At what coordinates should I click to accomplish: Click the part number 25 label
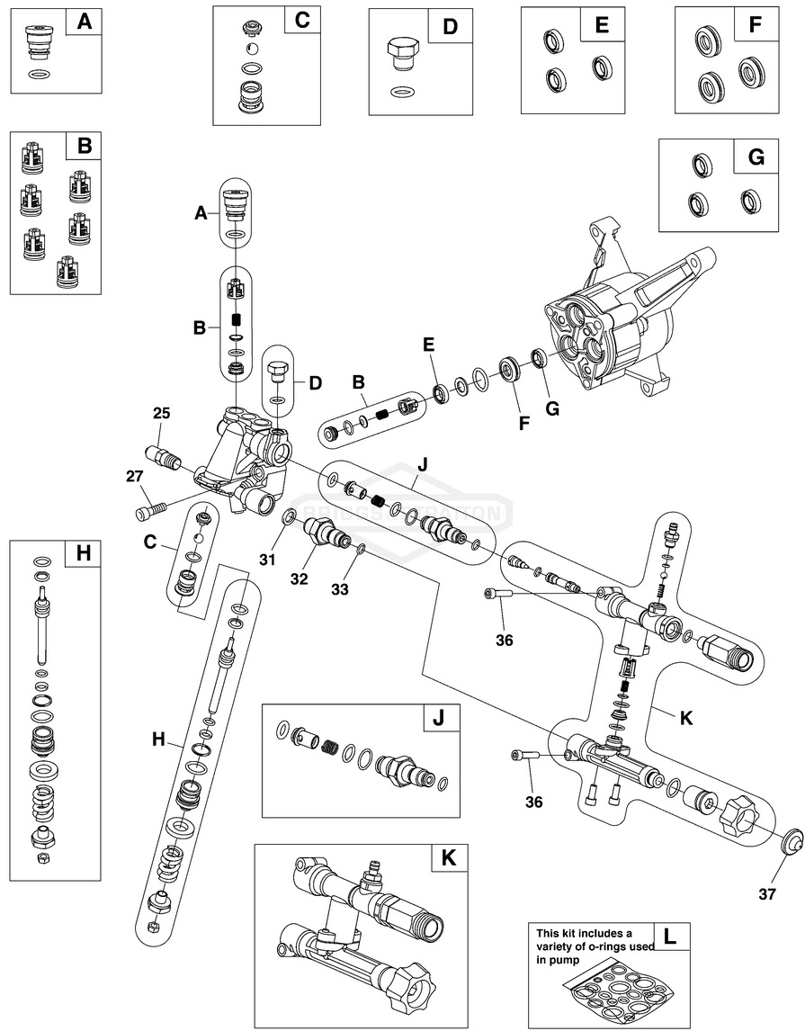coord(161,414)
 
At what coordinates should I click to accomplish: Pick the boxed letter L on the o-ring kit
coord(668,937)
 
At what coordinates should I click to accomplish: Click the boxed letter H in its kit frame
coord(83,554)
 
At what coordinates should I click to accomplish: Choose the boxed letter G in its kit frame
coord(756,157)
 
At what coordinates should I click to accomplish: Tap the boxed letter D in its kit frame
coord(450,26)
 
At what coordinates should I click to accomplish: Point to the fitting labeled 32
coord(326,535)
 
